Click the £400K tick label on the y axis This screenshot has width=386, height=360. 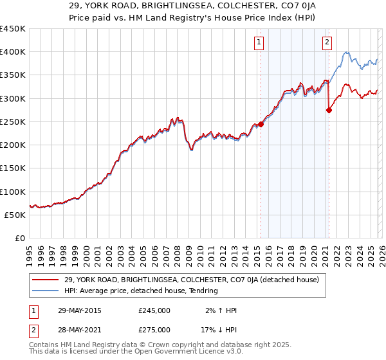pos(13,52)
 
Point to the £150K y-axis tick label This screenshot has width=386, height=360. pos(13,168)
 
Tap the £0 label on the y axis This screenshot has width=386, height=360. pos(19,239)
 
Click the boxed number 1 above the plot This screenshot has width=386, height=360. pos(259,43)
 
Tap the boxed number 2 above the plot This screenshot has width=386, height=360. pos(327,43)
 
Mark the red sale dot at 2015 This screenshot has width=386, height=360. pos(261,124)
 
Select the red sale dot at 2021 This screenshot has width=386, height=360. pos(329,110)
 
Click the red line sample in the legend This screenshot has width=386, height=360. pos(47,280)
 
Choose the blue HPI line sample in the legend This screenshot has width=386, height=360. pos(47,291)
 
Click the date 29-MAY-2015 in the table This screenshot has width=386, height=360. pos(79,310)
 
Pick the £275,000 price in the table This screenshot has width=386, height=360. pos(154,329)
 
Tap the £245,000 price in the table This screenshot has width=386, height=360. pos(154,310)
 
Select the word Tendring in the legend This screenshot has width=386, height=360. pos(203,291)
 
